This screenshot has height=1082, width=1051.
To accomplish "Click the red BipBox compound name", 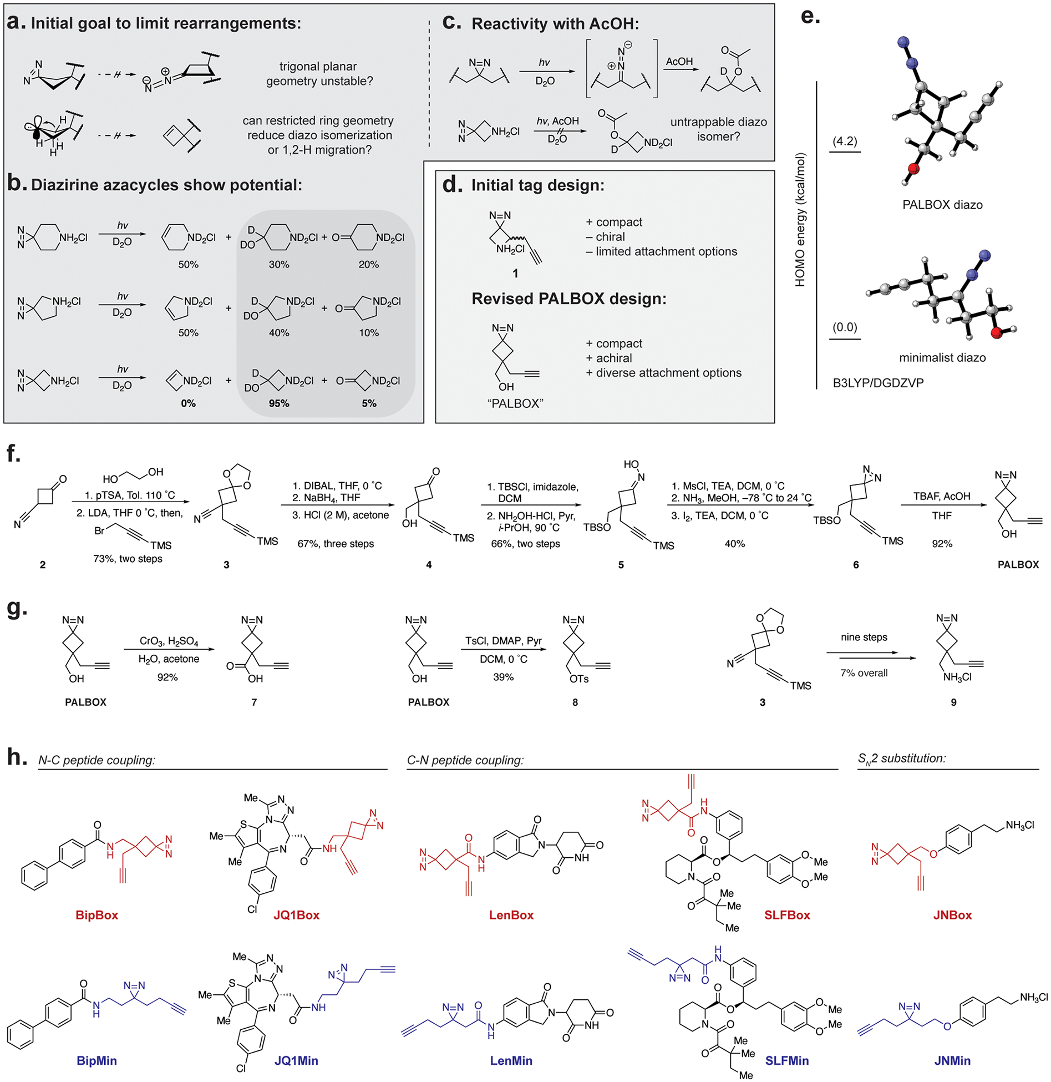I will (97, 915).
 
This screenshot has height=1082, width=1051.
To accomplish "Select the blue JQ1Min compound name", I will (296, 1060).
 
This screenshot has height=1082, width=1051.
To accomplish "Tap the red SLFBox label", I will (786, 915).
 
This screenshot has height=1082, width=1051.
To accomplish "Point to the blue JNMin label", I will (952, 1060).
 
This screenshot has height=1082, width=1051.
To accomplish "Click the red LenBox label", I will (511, 915).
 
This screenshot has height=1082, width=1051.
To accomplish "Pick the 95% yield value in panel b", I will (279, 403).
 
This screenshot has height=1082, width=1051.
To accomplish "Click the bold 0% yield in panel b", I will (188, 403).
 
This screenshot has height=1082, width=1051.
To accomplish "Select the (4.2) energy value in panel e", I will (844, 141).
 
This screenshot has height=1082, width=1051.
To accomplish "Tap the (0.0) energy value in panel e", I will (844, 327).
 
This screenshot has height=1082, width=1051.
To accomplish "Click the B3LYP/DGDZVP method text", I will (878, 383).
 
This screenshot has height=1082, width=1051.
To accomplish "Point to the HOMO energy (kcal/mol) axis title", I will (800, 220).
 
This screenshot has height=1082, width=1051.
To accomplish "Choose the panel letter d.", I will (452, 184).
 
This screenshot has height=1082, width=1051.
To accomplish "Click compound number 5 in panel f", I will (621, 564).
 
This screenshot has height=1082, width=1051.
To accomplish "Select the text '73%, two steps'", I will (128, 558).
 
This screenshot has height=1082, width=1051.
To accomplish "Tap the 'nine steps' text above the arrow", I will (864, 637).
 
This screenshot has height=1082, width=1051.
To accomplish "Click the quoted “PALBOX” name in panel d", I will (515, 403).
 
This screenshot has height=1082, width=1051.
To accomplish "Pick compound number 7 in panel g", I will (254, 702).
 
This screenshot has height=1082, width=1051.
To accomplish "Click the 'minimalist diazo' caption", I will (942, 357).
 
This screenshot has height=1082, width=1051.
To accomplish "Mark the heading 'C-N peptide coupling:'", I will (465, 760).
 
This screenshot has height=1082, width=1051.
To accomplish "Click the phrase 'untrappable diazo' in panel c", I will (718, 122).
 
